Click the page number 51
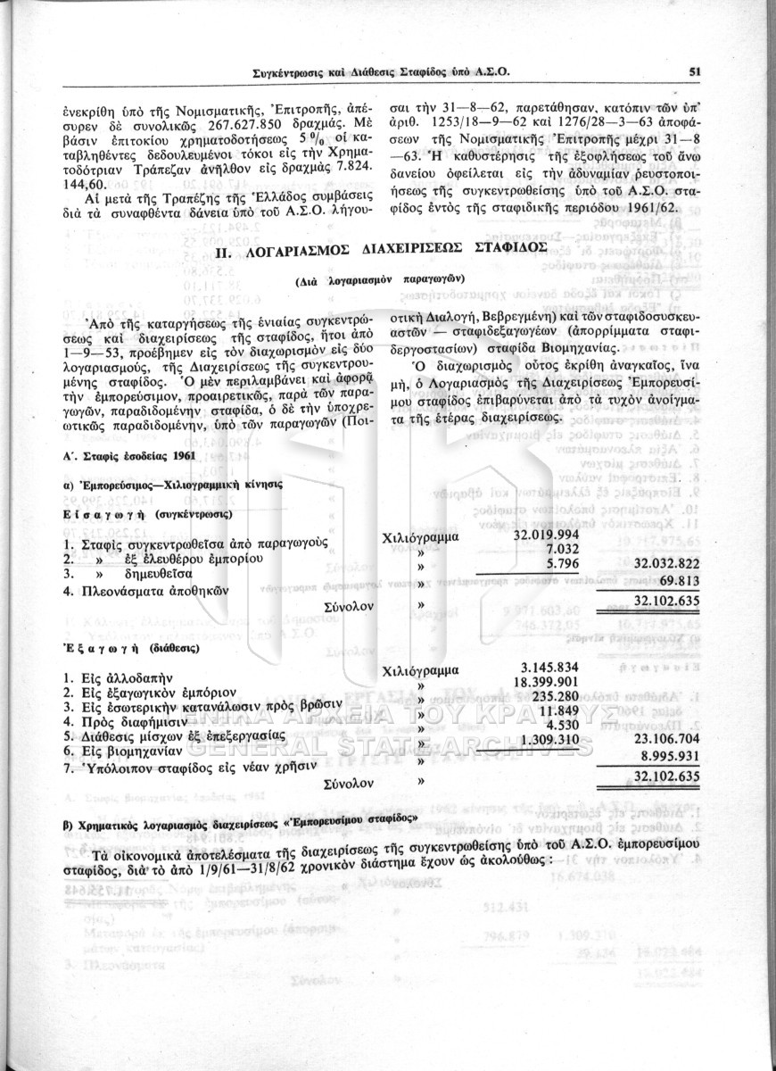point(694,73)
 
